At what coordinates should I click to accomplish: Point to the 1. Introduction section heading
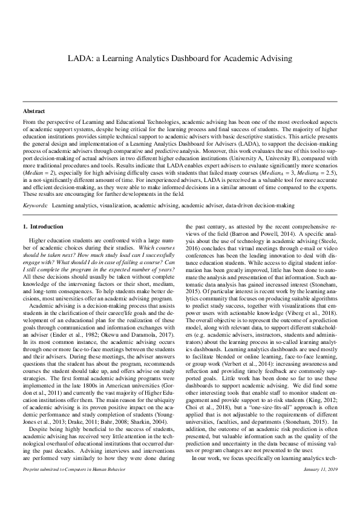tap(42, 210)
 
